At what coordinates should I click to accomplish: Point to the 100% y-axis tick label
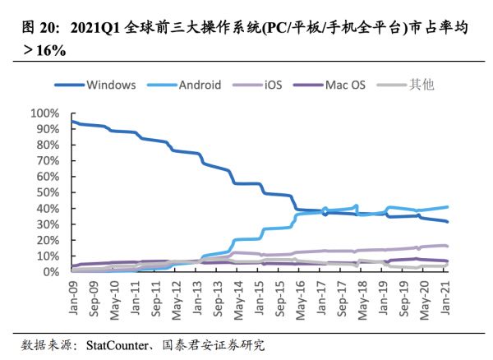click(x=44, y=113)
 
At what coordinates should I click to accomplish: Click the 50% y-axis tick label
click(x=47, y=192)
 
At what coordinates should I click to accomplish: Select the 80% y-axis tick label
click(x=47, y=145)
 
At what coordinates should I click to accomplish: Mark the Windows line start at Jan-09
click(x=72, y=122)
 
